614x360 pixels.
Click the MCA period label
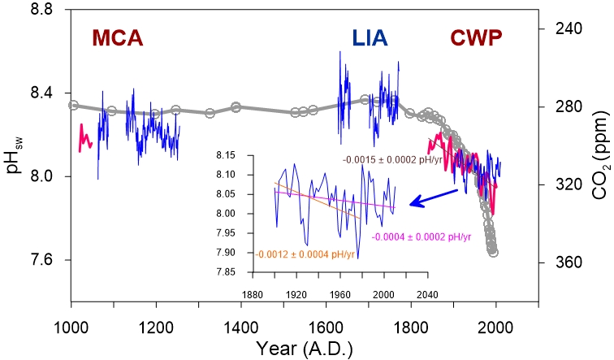(117, 38)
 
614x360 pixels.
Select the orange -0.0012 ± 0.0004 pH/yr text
(306, 254)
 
